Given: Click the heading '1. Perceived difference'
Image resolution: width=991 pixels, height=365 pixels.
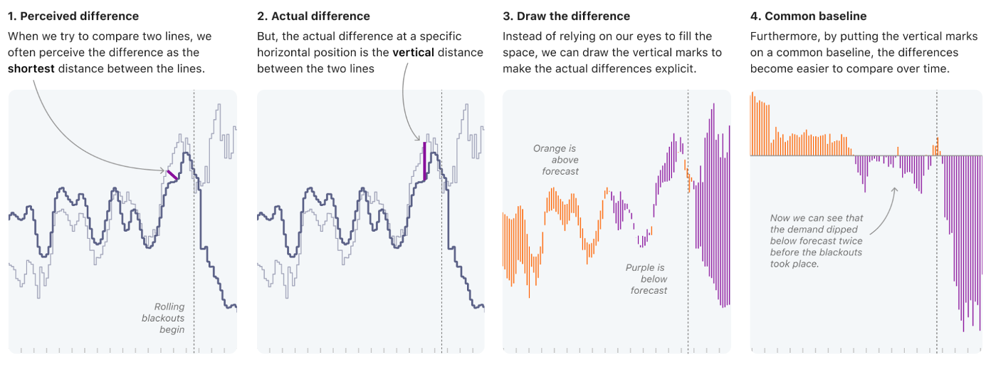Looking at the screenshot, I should click(x=73, y=16).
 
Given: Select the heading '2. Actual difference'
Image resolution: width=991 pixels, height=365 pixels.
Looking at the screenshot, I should click(x=313, y=16).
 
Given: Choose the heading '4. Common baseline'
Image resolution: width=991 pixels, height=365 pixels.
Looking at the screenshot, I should click(x=809, y=16).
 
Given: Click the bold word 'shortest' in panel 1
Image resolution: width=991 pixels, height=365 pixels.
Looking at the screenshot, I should click(x=31, y=68).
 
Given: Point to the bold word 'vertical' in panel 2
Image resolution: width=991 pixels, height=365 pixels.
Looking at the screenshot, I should click(x=414, y=52).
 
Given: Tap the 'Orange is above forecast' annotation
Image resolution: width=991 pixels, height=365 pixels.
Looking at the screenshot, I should click(x=556, y=160).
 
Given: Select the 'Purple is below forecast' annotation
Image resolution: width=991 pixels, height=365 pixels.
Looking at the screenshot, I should click(x=646, y=279).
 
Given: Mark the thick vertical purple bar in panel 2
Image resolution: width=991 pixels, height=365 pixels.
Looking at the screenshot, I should click(x=425, y=160).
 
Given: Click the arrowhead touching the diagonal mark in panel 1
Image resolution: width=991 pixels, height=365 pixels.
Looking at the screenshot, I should click(x=164, y=170).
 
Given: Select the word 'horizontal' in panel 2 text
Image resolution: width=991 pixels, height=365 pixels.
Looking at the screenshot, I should click(x=282, y=52).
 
